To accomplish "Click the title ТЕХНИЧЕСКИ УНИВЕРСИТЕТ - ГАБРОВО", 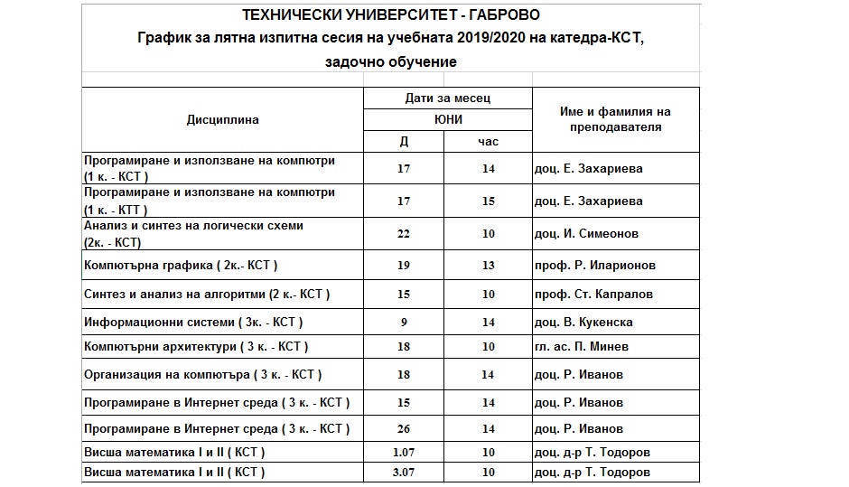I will (392, 15).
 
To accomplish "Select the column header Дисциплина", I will (222, 119).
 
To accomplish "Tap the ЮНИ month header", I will (448, 119).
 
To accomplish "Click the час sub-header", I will (488, 142).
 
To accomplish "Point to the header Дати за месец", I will (448, 98).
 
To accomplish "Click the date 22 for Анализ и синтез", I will (403, 233).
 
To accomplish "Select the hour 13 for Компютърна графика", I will (488, 266).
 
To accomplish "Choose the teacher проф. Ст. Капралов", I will (592, 295).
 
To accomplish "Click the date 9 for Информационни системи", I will (403, 323).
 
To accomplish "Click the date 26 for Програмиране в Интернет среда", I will (403, 429).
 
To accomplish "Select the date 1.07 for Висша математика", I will (403, 453).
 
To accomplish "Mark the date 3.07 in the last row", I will (403, 473).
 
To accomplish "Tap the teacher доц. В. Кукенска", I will (583, 323).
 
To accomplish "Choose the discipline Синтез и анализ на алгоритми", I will (207, 295).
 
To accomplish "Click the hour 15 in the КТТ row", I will (488, 201).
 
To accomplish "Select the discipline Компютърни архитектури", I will (195, 347).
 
